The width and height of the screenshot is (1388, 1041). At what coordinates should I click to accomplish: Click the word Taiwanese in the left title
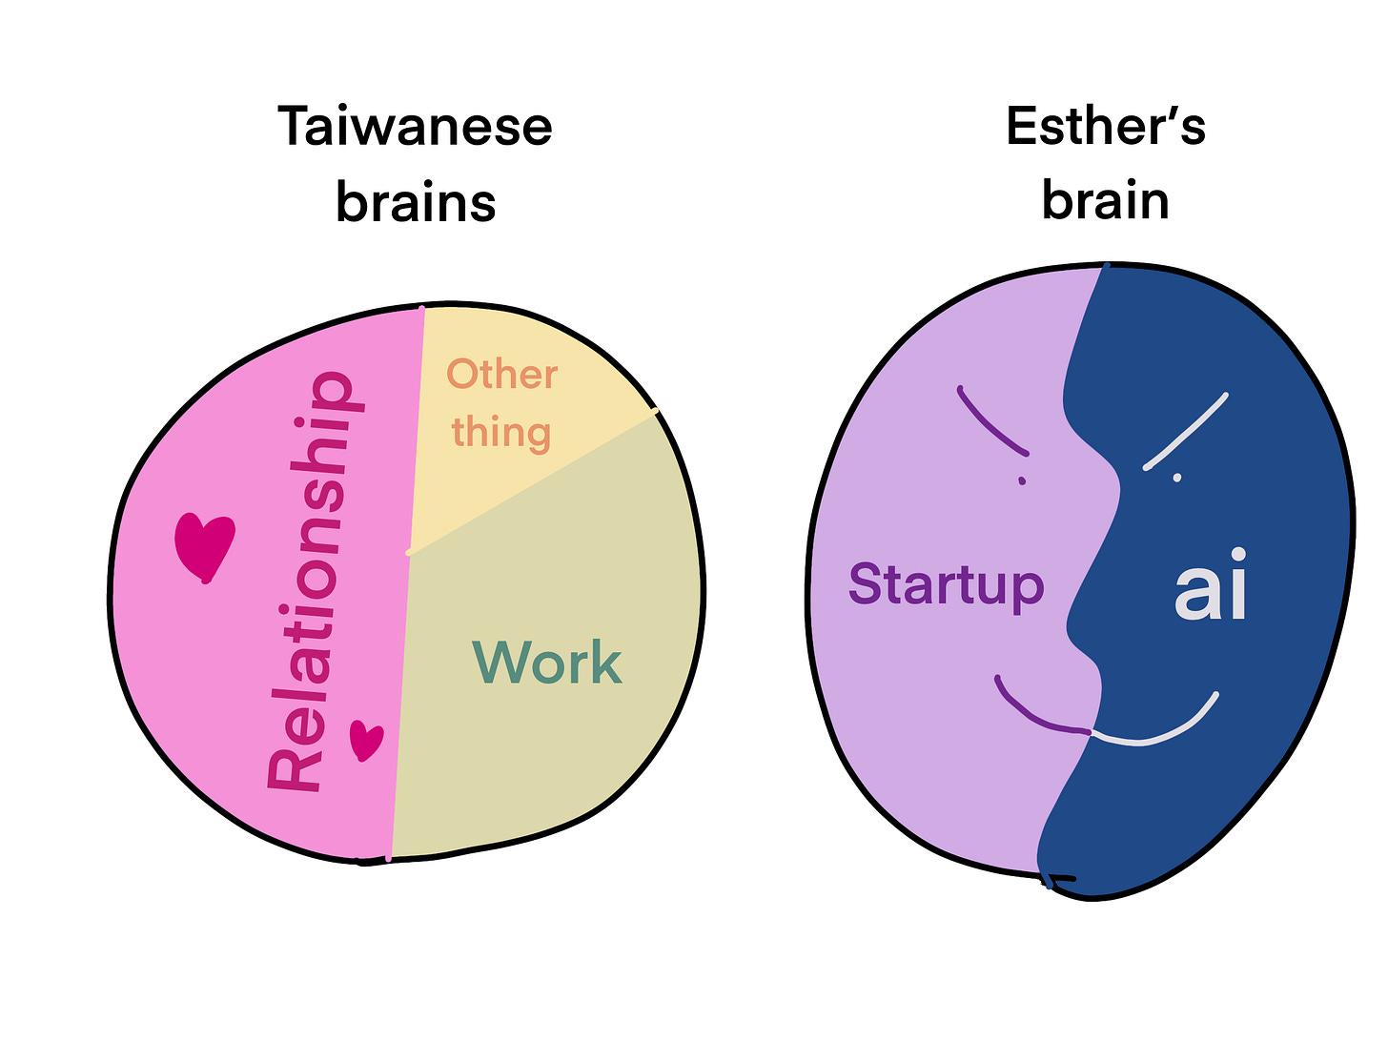click(x=415, y=127)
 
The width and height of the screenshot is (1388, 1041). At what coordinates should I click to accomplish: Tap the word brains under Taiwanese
click(x=416, y=203)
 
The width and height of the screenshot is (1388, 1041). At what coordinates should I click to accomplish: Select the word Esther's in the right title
click(x=1105, y=127)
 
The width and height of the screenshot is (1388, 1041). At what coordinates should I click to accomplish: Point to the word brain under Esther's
click(x=1105, y=201)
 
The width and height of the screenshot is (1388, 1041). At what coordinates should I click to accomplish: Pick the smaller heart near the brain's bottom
click(x=365, y=740)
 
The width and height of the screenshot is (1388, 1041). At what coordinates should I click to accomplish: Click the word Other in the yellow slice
click(x=501, y=375)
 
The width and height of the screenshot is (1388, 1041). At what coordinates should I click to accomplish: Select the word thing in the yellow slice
click(x=501, y=432)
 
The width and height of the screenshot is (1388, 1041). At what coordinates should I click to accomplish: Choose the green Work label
click(x=547, y=663)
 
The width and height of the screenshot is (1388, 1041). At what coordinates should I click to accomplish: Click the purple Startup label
click(x=946, y=584)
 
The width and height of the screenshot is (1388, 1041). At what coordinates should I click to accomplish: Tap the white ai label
click(x=1211, y=587)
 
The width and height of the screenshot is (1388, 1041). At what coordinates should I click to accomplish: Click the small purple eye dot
click(x=1022, y=481)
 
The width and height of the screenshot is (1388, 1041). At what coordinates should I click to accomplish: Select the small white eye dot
click(x=1177, y=477)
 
